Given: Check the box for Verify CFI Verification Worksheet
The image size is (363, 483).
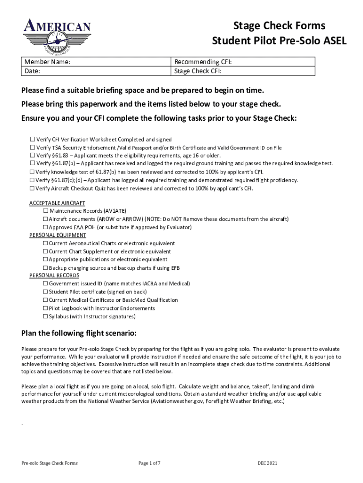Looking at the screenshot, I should (x=33, y=140).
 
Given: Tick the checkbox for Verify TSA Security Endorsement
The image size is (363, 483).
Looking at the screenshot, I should (x=33, y=148).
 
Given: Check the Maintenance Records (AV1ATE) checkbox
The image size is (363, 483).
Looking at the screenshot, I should (x=46, y=211).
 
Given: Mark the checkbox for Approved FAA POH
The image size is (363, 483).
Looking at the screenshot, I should (x=46, y=227).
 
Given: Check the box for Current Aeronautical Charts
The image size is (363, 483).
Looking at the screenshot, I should (x=46, y=243).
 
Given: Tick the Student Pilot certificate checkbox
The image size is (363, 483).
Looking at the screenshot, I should (x=46, y=292).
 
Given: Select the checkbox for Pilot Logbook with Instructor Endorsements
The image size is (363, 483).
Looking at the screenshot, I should (x=46, y=308).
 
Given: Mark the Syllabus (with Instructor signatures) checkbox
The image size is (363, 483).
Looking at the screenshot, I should (x=46, y=316).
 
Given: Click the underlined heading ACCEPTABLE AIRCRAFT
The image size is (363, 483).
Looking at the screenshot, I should (x=57, y=203).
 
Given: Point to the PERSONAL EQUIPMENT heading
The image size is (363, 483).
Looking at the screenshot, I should (x=58, y=235).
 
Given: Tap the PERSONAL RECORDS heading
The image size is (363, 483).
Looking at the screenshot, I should (x=54, y=275).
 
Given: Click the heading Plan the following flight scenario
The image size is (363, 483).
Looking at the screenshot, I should (x=79, y=333).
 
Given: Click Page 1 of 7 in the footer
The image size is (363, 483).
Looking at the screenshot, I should (x=149, y=463).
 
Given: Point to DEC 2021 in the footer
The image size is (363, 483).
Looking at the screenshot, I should (x=267, y=463).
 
